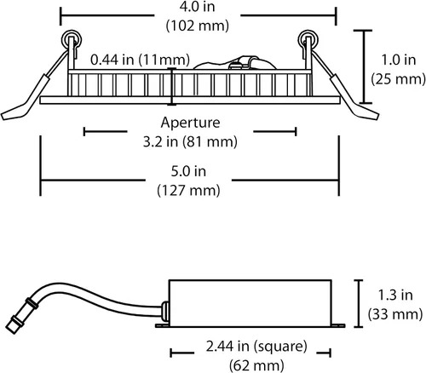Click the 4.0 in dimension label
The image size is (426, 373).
point(197,7)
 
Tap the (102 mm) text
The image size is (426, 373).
point(198,26)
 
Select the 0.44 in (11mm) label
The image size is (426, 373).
point(140,60)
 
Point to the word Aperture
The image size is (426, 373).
point(190,123)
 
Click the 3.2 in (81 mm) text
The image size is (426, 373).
point(190,141)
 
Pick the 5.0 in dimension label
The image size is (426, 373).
point(188,171)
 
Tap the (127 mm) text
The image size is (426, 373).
point(188,191)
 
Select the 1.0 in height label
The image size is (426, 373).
point(398,60)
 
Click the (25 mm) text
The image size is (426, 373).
point(399,79)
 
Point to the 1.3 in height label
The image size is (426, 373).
point(395,296)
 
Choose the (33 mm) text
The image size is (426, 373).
point(395,314)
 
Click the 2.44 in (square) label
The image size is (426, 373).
point(256,347)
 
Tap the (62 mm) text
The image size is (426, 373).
point(256,365)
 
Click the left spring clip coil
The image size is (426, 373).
point(71,40)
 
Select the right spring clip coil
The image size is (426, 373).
point(308,40)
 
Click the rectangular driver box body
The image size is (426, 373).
point(250,303)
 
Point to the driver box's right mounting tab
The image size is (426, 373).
point(338,325)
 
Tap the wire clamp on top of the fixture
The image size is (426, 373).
point(241,63)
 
